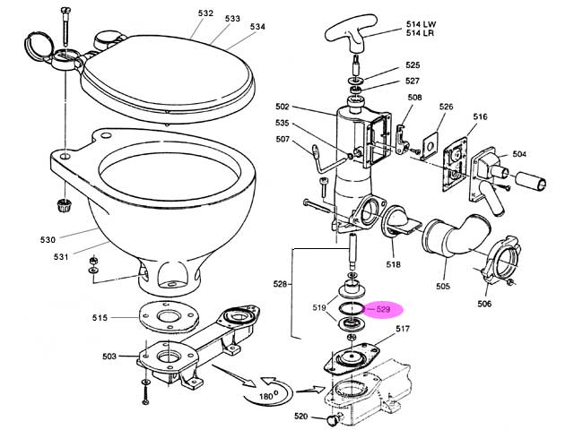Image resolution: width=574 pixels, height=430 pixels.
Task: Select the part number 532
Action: (206, 13)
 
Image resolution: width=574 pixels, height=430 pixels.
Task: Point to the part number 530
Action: (48, 239)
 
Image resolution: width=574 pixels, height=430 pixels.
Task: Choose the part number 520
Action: (301, 417)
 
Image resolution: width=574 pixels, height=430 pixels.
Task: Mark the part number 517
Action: (402, 330)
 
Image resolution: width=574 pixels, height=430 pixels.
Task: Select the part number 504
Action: (519, 154)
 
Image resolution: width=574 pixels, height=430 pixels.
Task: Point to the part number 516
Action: (480, 117)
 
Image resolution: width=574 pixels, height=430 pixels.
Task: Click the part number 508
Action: (414, 98)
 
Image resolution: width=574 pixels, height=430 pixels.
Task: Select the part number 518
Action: (394, 265)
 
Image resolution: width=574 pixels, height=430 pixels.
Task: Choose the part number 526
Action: (446, 107)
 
